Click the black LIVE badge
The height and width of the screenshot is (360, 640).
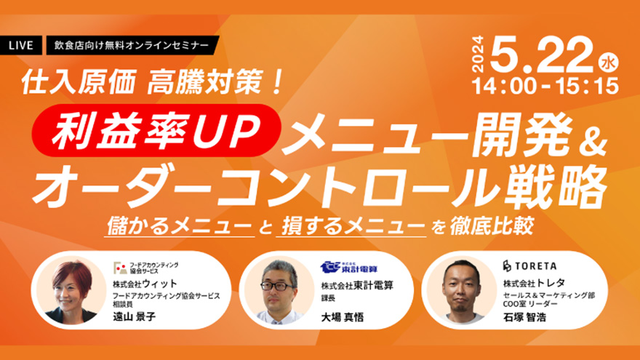[x=21, y=45]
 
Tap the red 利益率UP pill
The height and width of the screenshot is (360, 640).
[x=156, y=130]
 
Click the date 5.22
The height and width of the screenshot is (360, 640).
[x=542, y=55]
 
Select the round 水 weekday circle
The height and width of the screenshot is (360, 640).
[x=608, y=63]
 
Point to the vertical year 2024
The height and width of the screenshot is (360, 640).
[x=478, y=55]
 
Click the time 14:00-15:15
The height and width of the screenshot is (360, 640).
[x=545, y=86]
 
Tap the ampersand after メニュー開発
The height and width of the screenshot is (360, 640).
[x=593, y=141]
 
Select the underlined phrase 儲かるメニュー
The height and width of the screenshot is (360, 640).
[x=179, y=225]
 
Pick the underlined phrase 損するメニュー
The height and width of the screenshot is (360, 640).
[x=351, y=225]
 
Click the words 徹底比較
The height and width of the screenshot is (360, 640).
[x=492, y=225]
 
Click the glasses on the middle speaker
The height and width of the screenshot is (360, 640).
[x=277, y=286]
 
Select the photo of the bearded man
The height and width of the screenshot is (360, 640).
[x=462, y=290]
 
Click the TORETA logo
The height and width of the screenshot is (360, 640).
[x=529, y=266]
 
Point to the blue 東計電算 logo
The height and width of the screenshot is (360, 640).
[x=349, y=268]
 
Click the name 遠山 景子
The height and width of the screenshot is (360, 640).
[x=135, y=317]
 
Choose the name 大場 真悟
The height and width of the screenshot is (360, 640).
[x=342, y=317]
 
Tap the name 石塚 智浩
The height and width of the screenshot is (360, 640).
[x=524, y=317]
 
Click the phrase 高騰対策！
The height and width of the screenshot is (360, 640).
[x=215, y=83]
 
